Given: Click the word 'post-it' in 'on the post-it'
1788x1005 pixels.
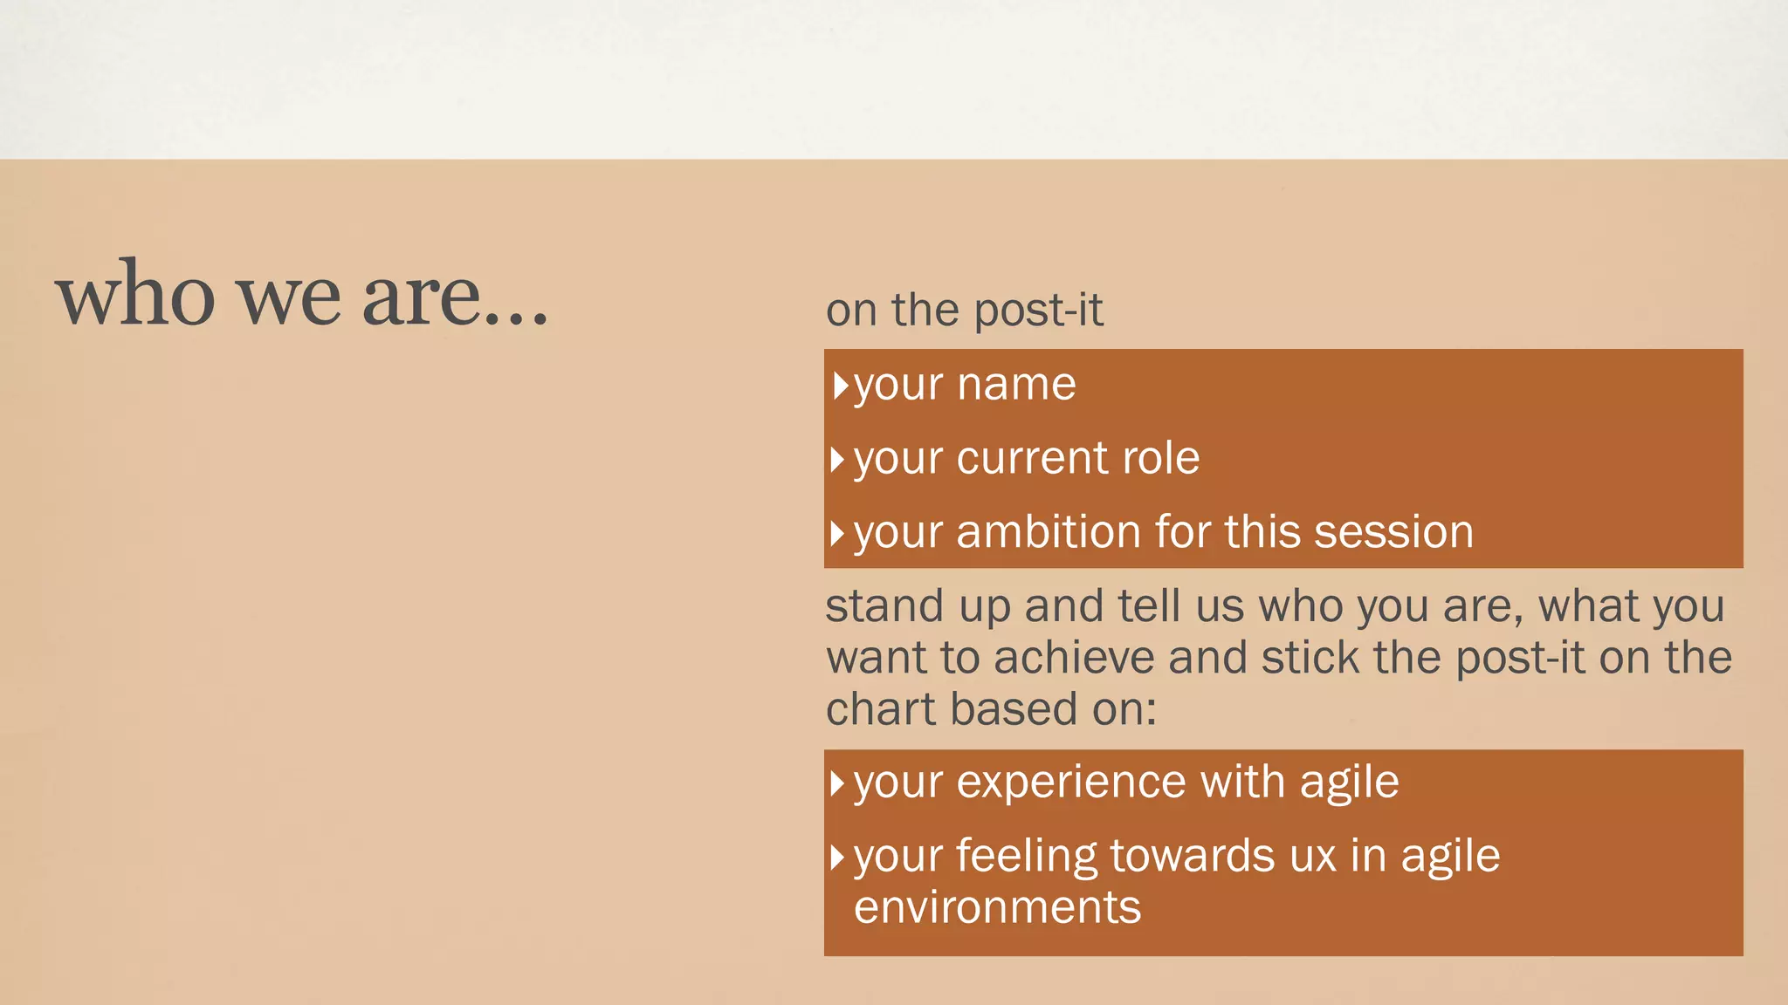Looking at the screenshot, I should [1038, 311].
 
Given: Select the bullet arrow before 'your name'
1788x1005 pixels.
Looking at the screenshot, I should [840, 385].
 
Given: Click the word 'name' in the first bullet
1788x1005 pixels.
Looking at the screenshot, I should [1016, 385].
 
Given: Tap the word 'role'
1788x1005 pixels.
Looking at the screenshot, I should [1160, 458].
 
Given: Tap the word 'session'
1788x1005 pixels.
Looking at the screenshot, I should [1393, 532].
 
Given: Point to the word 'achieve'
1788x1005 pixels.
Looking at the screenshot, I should [1073, 658].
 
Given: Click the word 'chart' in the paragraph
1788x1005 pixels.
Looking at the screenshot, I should [881, 708].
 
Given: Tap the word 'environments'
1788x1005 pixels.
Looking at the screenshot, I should [997, 907].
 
